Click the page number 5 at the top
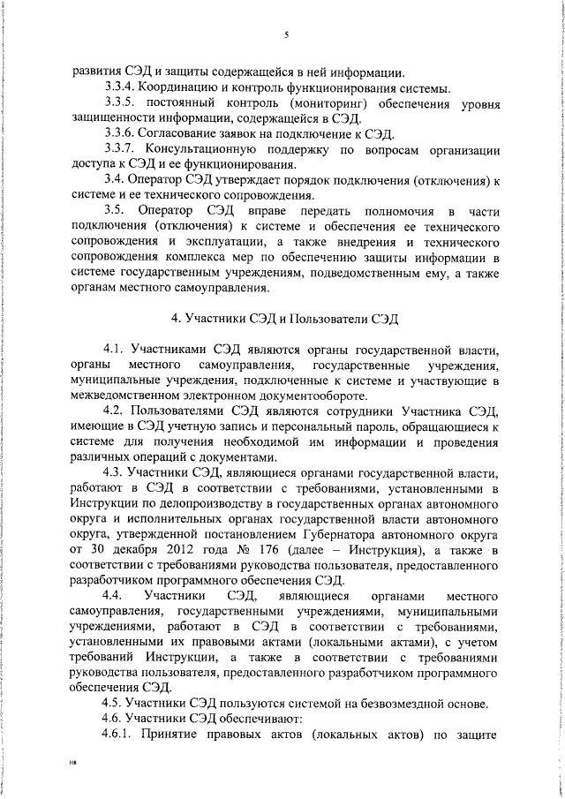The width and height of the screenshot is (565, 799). [288, 35]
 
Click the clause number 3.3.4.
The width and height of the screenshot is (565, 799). [120, 88]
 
